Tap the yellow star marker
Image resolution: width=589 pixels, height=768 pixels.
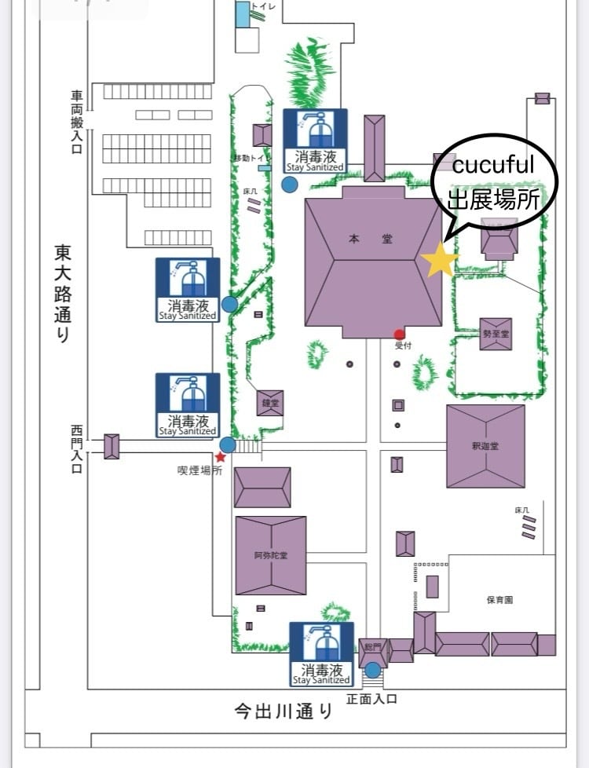click(x=439, y=261)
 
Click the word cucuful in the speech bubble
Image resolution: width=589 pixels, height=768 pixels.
click(x=494, y=165)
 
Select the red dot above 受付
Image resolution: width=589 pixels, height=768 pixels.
click(x=400, y=335)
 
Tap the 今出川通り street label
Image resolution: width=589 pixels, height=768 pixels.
click(x=284, y=711)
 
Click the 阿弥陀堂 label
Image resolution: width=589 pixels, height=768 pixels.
click(x=270, y=555)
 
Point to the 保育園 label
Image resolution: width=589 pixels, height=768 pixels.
click(x=499, y=599)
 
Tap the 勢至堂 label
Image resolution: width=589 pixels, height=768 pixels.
click(x=496, y=334)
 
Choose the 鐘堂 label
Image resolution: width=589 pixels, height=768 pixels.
click(x=269, y=403)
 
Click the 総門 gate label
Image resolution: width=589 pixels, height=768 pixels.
click(x=373, y=646)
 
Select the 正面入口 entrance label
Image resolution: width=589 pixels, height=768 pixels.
click(x=371, y=699)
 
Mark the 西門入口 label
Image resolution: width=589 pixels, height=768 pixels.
click(x=76, y=449)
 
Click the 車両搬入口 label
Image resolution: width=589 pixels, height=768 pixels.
click(x=76, y=122)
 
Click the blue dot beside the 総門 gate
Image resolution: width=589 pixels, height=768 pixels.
click(x=372, y=671)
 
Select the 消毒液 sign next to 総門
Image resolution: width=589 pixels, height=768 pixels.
click(x=321, y=654)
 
